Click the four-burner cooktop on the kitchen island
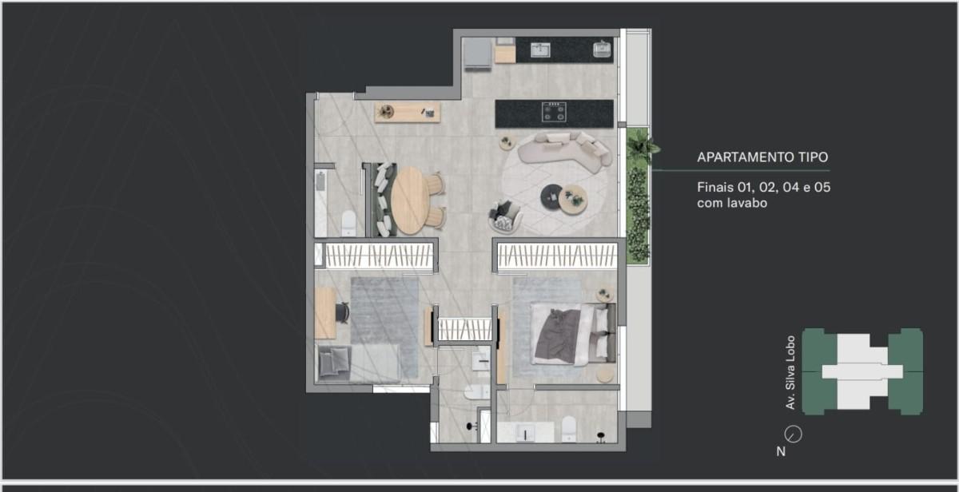coord(554,112)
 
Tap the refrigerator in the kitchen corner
coord(478,53)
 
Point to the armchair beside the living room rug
coord(505,216)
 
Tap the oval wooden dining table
coord(410,200)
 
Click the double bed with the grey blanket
coord(574,334)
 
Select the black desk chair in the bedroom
coord(343,312)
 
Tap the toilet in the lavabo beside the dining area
coord(349,223)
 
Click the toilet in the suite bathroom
coord(569,428)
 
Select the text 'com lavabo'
coord(732,203)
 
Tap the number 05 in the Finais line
coord(822,188)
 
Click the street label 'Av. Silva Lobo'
coord(790,372)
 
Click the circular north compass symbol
coord(794,434)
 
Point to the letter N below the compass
coord(781,451)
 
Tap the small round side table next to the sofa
coord(507,142)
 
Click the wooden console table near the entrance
coord(407,112)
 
